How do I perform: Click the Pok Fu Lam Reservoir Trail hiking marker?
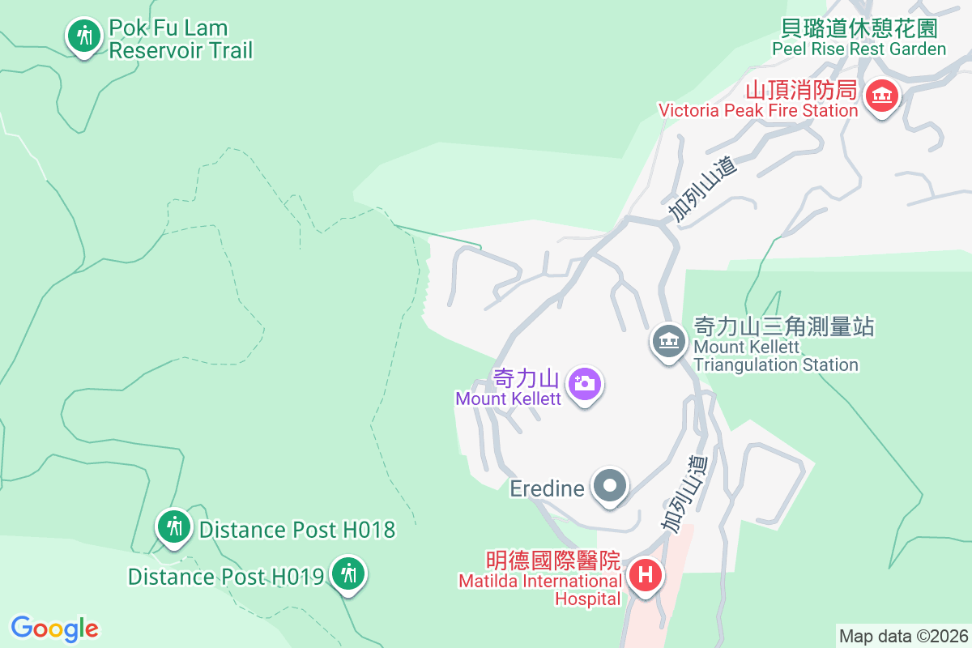click(x=83, y=36)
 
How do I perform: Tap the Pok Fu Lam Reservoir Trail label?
click(x=181, y=40)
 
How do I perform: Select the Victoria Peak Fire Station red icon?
click(x=881, y=96)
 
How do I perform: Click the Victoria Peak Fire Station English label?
click(x=757, y=110)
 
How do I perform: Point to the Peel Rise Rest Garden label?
click(x=859, y=49)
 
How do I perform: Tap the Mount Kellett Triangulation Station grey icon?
click(x=669, y=341)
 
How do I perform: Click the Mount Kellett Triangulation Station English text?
click(x=775, y=356)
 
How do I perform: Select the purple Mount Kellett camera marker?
click(x=584, y=383)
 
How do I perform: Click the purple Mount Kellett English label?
click(x=508, y=399)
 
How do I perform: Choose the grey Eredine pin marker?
click(x=611, y=486)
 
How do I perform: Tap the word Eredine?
click(x=548, y=488)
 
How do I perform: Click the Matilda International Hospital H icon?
click(x=646, y=576)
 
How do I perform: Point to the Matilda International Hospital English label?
click(x=539, y=590)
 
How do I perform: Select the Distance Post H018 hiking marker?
click(x=173, y=527)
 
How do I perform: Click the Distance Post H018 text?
click(x=296, y=530)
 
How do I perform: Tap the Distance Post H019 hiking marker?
click(x=348, y=574)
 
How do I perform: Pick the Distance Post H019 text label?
click(x=226, y=577)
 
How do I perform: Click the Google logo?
click(x=55, y=629)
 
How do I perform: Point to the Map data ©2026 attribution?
click(x=903, y=636)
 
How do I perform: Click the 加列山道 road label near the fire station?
click(x=704, y=190)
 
